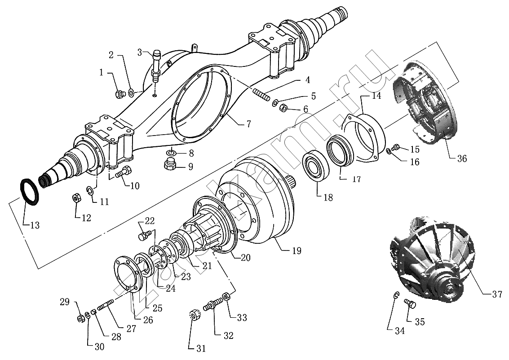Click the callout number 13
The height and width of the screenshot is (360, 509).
pyautogui.click(x=34, y=225)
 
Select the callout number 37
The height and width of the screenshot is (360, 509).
pyautogui.click(x=497, y=295)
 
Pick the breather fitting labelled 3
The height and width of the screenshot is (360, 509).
pyautogui.click(x=157, y=65)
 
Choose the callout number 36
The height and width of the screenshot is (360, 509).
pyautogui.click(x=461, y=158)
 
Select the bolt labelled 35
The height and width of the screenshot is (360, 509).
pyautogui.click(x=410, y=305)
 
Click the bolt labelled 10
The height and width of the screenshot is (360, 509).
pyautogui.click(x=124, y=171)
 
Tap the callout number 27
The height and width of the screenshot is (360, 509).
pyautogui.click(x=131, y=328)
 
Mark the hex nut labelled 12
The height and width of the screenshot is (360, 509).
pyautogui.click(x=76, y=198)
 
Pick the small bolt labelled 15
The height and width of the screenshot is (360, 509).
pyautogui.click(x=396, y=147)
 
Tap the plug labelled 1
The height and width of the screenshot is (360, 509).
pyautogui.click(x=119, y=94)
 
